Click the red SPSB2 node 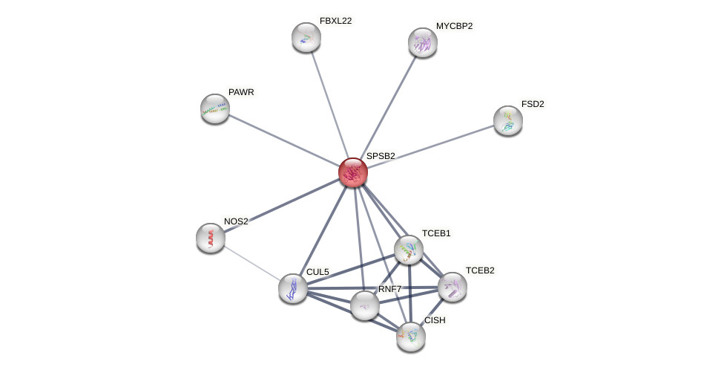[x=353, y=172]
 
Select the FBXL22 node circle [x=306, y=37]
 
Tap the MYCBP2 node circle [x=423, y=42]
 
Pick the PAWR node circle [x=215, y=108]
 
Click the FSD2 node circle [x=508, y=120]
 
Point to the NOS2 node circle [x=211, y=238]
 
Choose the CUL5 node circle [x=293, y=288]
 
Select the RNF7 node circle [x=365, y=305]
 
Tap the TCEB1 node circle [x=409, y=250]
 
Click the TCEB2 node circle [x=452, y=287]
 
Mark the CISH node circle [x=411, y=337]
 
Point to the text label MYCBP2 [x=454, y=26]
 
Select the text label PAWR [x=241, y=92]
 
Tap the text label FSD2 [x=533, y=104]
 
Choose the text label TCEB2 [x=479, y=270]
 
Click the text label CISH [x=435, y=320]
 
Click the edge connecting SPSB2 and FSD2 [x=430, y=146]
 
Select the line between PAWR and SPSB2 [x=284, y=140]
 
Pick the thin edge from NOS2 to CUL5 [x=251, y=263]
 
